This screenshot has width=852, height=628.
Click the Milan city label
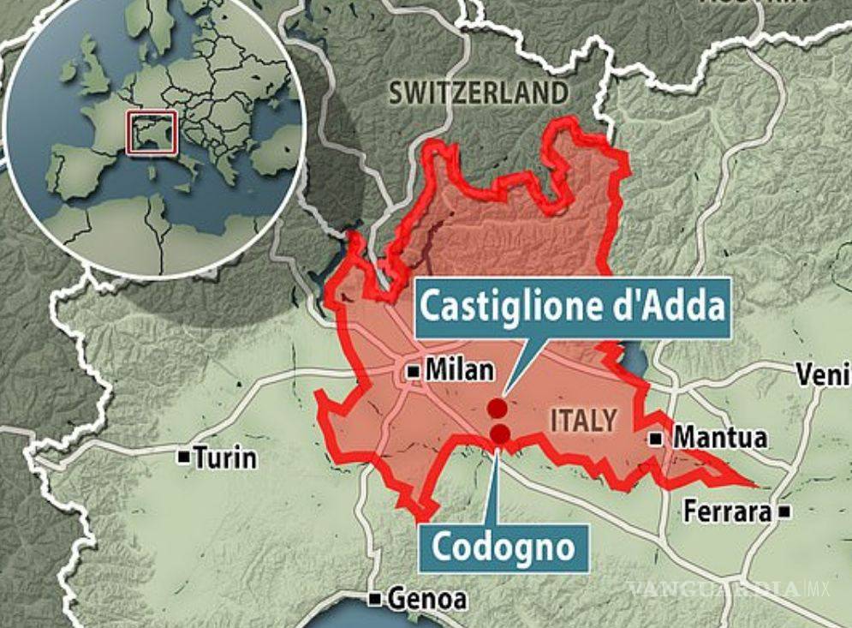(460, 371)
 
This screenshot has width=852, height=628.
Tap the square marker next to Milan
(414, 372)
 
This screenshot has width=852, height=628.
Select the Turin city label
(224, 458)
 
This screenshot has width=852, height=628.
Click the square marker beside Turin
(183, 458)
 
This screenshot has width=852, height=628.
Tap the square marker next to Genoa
(375, 598)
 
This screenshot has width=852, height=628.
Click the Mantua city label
(720, 438)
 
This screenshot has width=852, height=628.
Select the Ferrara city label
(727, 511)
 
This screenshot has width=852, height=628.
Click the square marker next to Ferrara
(785, 512)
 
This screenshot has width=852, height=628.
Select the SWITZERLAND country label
(478, 93)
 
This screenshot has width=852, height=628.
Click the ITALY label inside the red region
(583, 420)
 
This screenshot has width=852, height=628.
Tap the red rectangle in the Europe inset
(152, 133)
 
